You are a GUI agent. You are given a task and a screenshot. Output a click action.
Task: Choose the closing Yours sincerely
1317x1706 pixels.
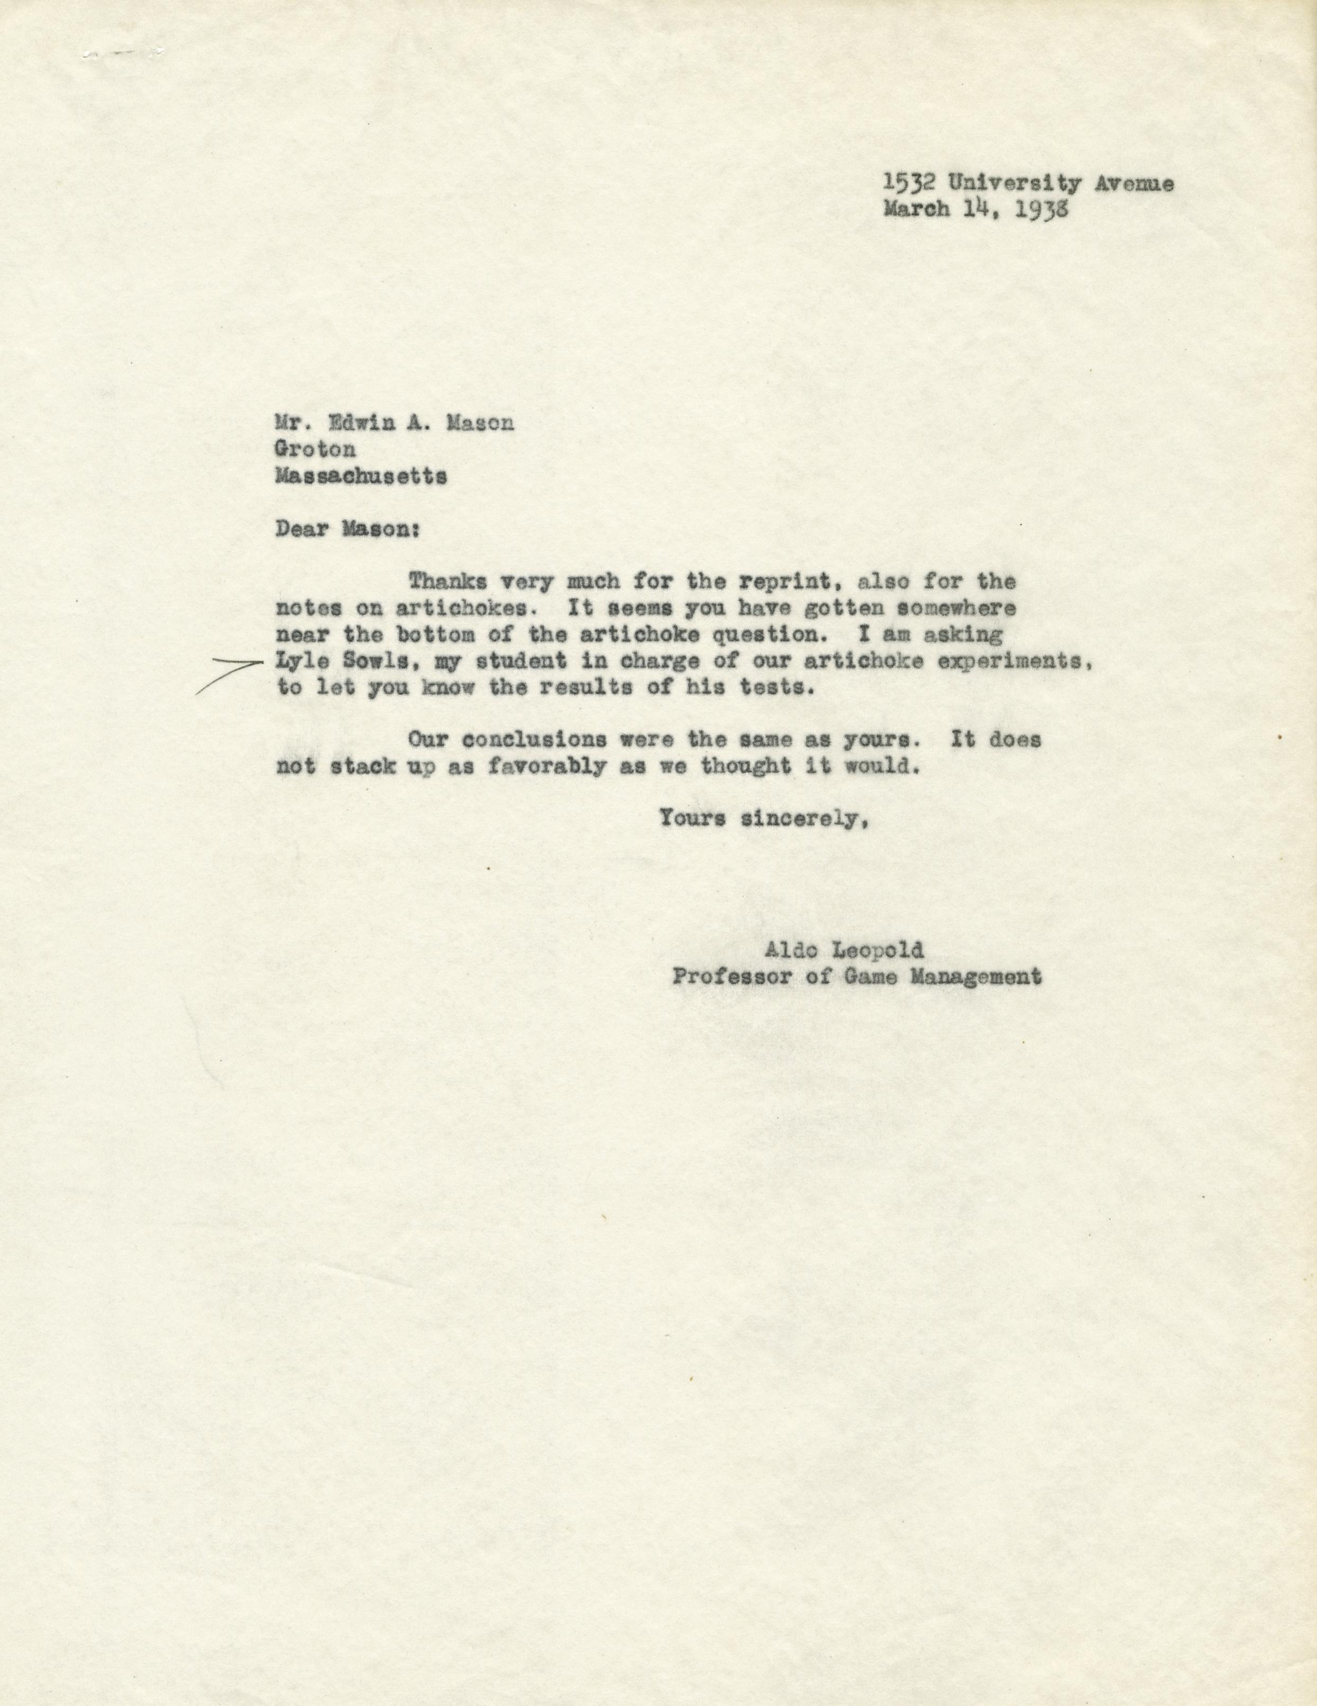(x=763, y=819)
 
